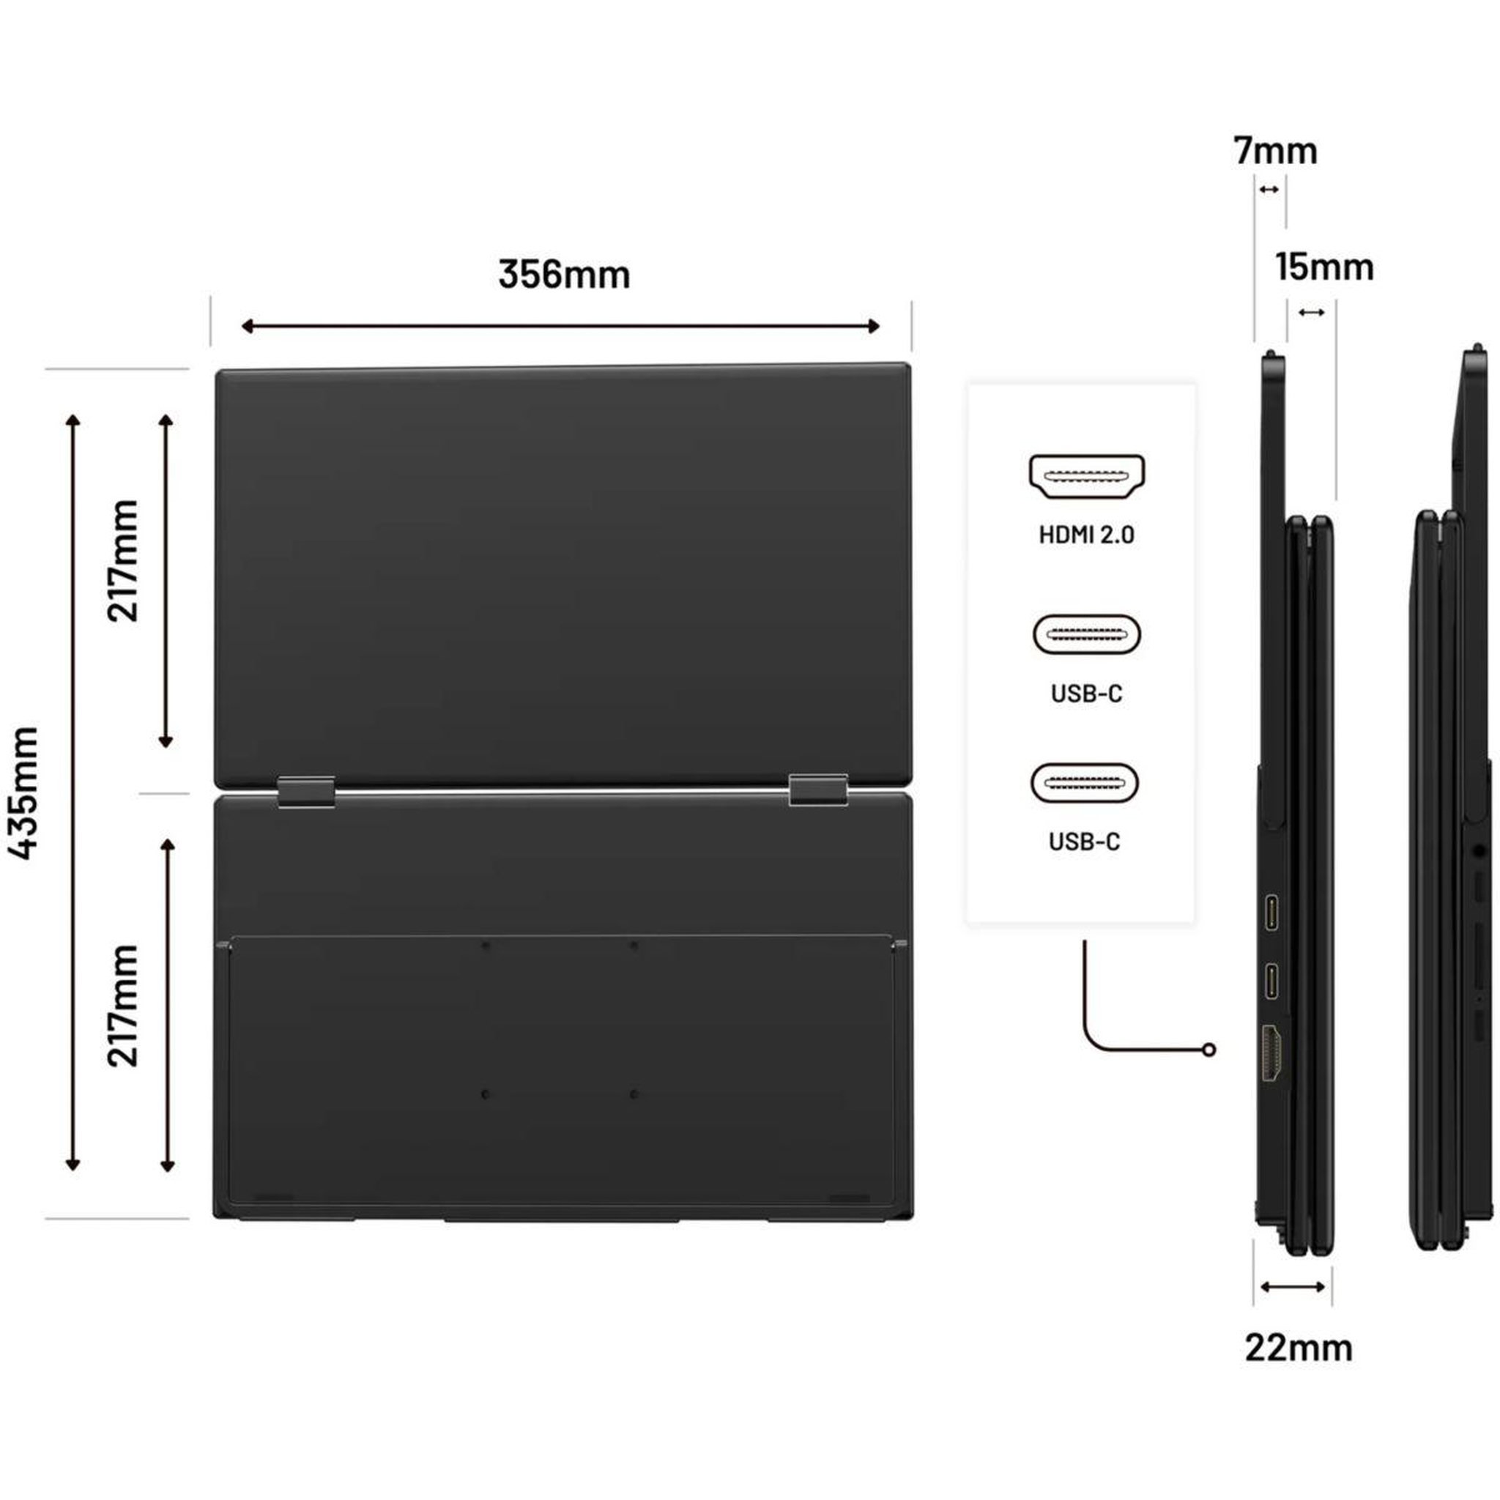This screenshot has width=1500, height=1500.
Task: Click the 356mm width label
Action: point(564,275)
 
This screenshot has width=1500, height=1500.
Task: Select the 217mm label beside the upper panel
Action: point(122,560)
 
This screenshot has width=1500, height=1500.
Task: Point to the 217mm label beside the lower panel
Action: point(122,1006)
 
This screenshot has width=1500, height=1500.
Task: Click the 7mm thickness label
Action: point(1276,152)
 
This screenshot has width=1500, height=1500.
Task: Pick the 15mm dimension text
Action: point(1324,267)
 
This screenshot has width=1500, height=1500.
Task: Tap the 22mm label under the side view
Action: point(1299,1348)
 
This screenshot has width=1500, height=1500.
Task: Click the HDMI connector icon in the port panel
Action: point(1086,476)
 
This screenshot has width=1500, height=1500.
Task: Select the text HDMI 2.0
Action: point(1086,534)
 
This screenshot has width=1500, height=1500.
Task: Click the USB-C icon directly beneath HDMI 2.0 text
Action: point(1086,634)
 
